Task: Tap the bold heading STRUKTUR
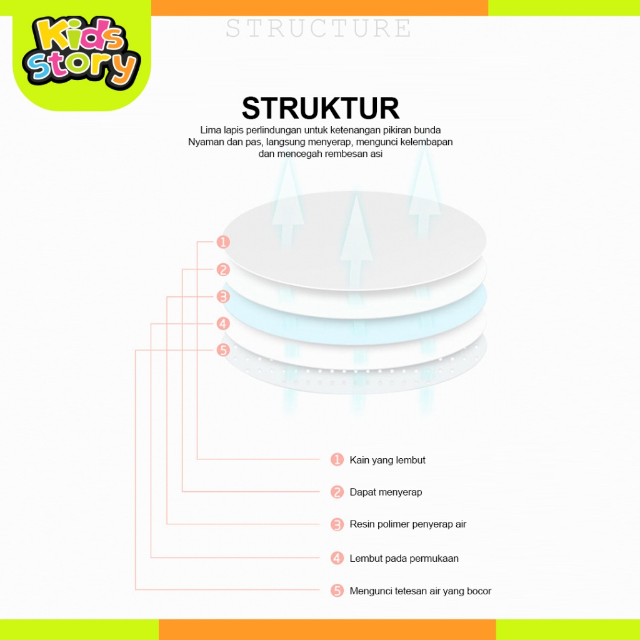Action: (x=320, y=108)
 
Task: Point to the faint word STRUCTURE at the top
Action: (x=319, y=29)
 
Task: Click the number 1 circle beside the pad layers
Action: (x=223, y=242)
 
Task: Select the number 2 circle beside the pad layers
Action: (x=223, y=270)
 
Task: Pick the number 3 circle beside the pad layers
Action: (x=223, y=297)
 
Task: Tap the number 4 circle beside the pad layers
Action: (x=223, y=324)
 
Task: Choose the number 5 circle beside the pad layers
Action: (x=223, y=350)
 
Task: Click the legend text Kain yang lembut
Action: (x=387, y=460)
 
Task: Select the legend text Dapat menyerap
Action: (x=386, y=492)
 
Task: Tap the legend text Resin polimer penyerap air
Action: (x=407, y=524)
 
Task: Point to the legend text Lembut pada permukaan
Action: (x=404, y=558)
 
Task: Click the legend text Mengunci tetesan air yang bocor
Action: (x=420, y=591)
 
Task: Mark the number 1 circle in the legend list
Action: (x=337, y=460)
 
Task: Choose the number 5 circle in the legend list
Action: (x=337, y=591)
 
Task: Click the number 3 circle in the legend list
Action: (x=337, y=524)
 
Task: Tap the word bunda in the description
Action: (x=428, y=130)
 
